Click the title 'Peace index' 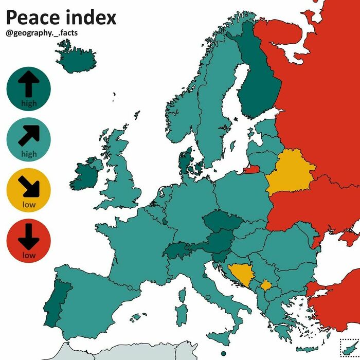coord(61,17)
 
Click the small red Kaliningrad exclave coord(251,169)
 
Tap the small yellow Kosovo coord(266,285)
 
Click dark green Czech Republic coord(220,222)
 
